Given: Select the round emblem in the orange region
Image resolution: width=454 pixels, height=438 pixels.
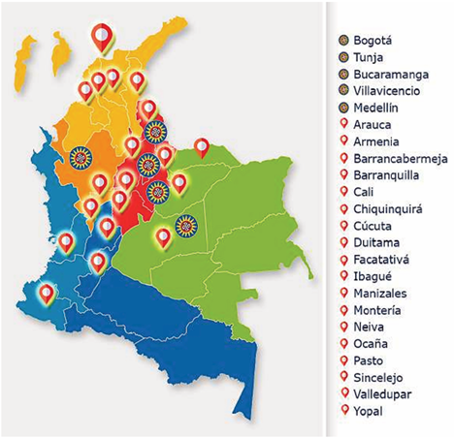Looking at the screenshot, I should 81,156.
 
